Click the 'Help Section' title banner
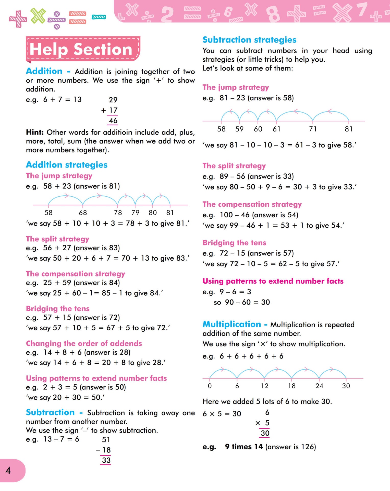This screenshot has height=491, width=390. [x=83, y=49]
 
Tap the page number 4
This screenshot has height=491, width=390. [x=8, y=470]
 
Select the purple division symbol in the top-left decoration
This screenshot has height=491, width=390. [x=57, y=20]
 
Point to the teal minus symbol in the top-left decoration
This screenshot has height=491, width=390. [x=99, y=17]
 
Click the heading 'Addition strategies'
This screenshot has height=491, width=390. [x=67, y=165]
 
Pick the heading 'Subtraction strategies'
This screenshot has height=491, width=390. [x=249, y=40]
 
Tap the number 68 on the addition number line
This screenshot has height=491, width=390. [x=83, y=213]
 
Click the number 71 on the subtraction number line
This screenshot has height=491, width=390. [x=313, y=129]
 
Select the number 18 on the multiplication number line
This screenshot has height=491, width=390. [x=292, y=386]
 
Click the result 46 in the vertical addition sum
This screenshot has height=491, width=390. [x=113, y=120]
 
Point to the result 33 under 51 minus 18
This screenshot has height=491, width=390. [x=106, y=460]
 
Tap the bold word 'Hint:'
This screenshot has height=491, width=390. [x=35, y=132]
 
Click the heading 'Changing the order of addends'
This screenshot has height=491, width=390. [x=84, y=343]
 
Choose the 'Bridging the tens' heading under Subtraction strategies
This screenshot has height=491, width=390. [x=234, y=243]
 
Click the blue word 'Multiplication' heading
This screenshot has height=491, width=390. [x=232, y=324]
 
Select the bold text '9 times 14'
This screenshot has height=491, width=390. [x=244, y=447]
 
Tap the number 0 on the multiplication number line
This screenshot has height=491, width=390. [x=210, y=386]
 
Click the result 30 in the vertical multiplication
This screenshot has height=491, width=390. [x=265, y=433]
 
